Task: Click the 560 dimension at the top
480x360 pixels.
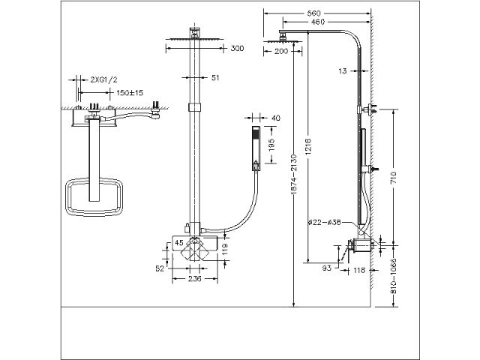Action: click(x=314, y=13)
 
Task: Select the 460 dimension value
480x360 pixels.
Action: click(x=318, y=22)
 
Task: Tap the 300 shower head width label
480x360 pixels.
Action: click(x=237, y=48)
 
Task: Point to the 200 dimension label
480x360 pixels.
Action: click(x=281, y=51)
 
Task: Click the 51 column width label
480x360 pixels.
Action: click(x=215, y=78)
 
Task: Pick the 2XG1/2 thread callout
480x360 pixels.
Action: click(x=103, y=80)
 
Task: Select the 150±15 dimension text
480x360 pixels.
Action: click(x=130, y=92)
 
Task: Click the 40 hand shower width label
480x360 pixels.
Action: click(x=276, y=118)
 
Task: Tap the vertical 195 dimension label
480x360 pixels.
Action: click(x=271, y=145)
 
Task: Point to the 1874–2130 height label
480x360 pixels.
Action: click(x=293, y=174)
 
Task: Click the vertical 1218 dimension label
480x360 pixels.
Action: click(x=308, y=147)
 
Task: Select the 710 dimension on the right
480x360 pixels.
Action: click(x=394, y=178)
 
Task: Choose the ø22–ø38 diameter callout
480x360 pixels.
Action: click(x=324, y=223)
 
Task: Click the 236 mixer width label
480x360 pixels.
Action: click(x=195, y=279)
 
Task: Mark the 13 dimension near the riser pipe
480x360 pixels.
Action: click(x=343, y=71)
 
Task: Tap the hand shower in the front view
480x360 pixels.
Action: click(x=256, y=148)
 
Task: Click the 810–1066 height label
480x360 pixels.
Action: click(x=394, y=276)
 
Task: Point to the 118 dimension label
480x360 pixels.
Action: click(x=359, y=270)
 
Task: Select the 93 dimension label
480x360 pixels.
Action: click(x=327, y=268)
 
